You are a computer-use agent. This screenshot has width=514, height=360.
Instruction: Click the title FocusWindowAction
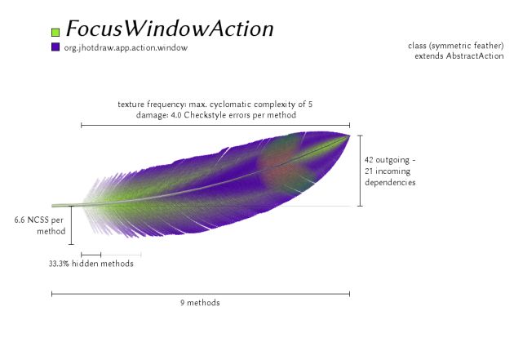(x=170, y=29)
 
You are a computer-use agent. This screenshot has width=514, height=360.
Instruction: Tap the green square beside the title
(x=55, y=32)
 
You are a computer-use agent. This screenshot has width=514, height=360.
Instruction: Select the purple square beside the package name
(x=55, y=47)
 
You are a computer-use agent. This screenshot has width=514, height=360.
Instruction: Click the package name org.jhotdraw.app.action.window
(x=126, y=48)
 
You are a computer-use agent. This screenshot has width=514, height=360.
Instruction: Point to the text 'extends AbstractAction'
(x=459, y=56)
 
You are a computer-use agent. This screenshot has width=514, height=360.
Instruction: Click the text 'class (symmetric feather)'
(x=456, y=46)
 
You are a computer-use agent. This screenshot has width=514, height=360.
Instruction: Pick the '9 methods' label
(x=200, y=303)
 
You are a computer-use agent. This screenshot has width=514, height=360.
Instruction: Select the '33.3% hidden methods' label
(x=91, y=264)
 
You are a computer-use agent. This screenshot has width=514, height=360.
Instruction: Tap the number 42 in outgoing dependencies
(x=369, y=160)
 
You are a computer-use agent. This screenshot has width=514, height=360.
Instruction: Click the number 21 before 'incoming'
(x=369, y=171)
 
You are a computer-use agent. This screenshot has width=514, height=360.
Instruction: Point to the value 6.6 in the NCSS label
(x=20, y=220)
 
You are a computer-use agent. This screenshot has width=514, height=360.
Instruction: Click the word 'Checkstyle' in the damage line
(x=200, y=115)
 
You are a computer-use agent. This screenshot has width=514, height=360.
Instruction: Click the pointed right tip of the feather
(x=349, y=136)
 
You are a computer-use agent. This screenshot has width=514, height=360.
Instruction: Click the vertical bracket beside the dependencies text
(x=360, y=171)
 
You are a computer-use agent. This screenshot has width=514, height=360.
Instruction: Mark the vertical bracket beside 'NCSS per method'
(x=72, y=225)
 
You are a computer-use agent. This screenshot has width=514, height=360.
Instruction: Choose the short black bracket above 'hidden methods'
(x=91, y=255)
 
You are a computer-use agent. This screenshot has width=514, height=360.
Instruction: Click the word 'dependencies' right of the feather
(x=390, y=183)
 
